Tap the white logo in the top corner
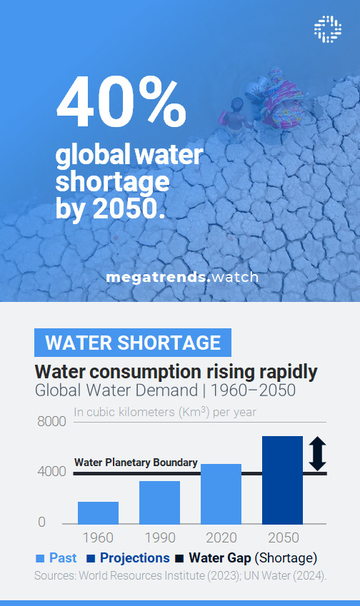tap(328, 28)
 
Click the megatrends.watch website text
tap(182, 277)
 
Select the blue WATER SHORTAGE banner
tap(133, 343)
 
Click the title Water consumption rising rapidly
tap(176, 372)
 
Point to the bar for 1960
tap(98, 512)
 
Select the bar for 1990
tap(159, 503)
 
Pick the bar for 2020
tap(221, 494)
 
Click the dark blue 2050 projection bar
tap(282, 480)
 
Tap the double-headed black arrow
tap(317, 455)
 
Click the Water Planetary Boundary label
tap(136, 463)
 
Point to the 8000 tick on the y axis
tap(51, 422)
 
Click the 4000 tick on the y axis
tap(51, 472)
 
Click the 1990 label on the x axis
tap(159, 537)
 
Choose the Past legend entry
tap(56, 558)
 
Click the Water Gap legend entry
tap(246, 558)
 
